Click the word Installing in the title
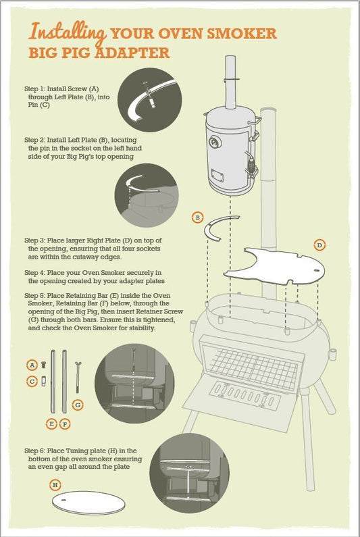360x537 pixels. click(67, 32)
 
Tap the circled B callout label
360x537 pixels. click(197, 218)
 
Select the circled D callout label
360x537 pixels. click(319, 245)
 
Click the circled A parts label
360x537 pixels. click(32, 364)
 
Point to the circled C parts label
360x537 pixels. click(32, 381)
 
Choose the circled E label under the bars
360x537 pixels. click(51, 424)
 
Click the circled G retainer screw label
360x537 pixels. click(78, 405)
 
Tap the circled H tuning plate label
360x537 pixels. click(55, 485)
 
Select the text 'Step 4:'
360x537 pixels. click(35, 272)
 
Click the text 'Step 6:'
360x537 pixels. click(35, 450)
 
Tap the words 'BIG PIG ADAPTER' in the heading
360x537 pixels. click(99, 53)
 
